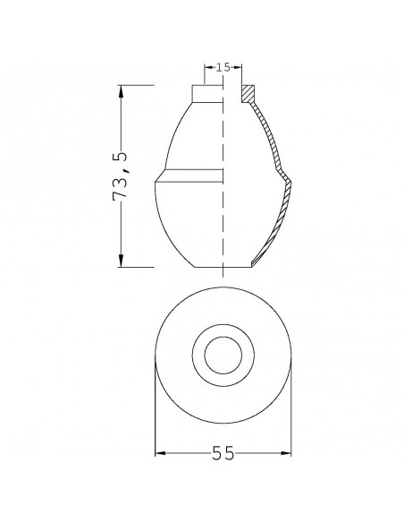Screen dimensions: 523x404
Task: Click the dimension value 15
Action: coord(223,67)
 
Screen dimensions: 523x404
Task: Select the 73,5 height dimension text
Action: coord(122,176)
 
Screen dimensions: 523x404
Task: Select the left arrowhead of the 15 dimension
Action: coord(208,67)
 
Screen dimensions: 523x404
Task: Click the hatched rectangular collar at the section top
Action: coord(248,94)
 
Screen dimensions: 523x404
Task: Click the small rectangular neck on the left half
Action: coord(206,94)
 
